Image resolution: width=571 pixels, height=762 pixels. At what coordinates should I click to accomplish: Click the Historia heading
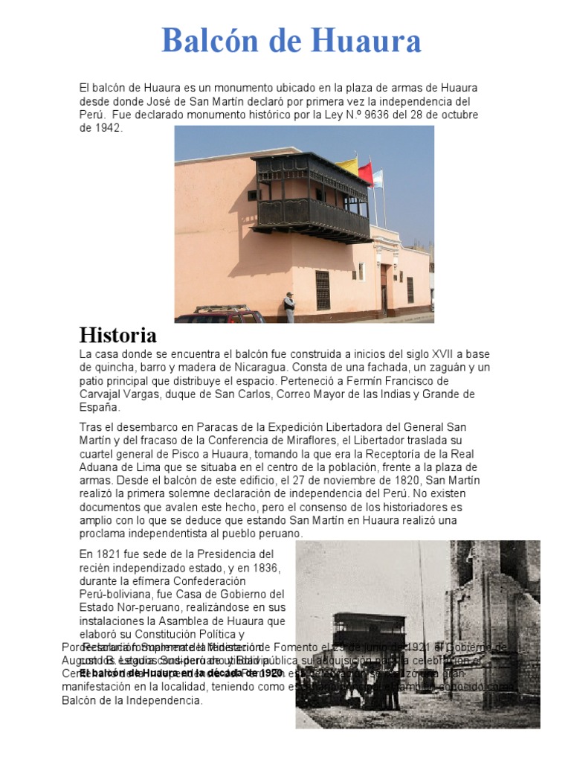[117, 335]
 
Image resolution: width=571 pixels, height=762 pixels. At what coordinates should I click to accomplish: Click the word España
[99, 407]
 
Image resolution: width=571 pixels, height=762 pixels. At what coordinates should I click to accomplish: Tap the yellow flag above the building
[347, 164]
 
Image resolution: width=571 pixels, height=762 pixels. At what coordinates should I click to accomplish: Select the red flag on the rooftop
[366, 173]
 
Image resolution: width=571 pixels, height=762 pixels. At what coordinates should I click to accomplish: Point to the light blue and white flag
[378, 178]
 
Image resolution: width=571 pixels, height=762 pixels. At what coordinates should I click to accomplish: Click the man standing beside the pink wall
[289, 306]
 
